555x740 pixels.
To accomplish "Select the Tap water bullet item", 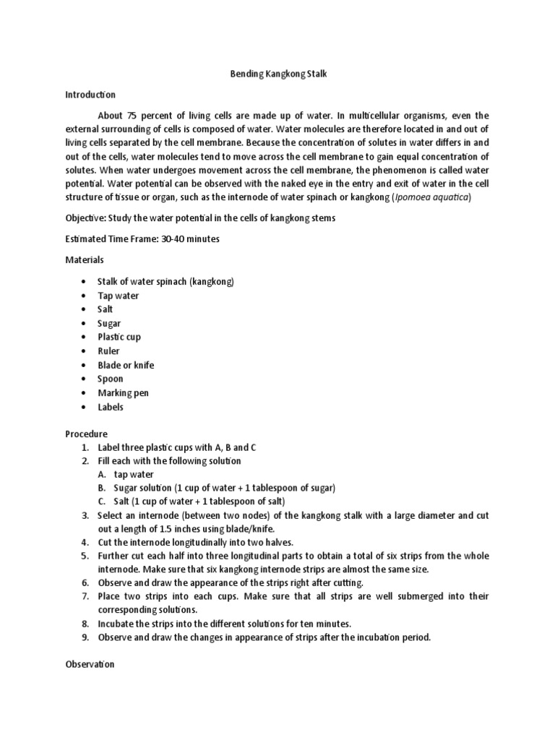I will pos(119,296).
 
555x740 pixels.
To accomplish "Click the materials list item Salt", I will pos(106,309).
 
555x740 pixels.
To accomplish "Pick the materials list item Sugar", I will pos(109,324).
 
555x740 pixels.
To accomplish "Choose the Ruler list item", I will pos(108,351).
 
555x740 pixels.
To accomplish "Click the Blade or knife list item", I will pos(126,365).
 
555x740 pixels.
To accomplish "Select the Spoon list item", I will pos(111,379).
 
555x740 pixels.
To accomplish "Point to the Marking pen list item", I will pos(123,393).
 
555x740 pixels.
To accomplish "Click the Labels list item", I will pos(111,407).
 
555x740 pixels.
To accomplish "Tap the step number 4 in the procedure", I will pos(85,542).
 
